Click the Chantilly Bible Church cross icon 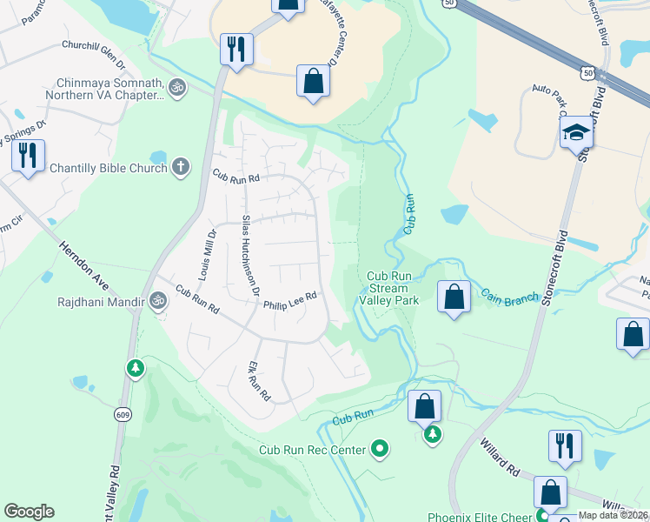click(x=181, y=167)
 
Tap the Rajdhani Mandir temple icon click(x=157, y=302)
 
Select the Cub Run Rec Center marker click(x=380, y=450)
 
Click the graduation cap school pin click(x=575, y=133)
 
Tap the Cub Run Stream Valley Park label click(x=390, y=288)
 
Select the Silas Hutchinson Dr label click(x=250, y=255)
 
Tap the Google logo click(x=29, y=512)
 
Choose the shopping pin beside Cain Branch click(x=454, y=297)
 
